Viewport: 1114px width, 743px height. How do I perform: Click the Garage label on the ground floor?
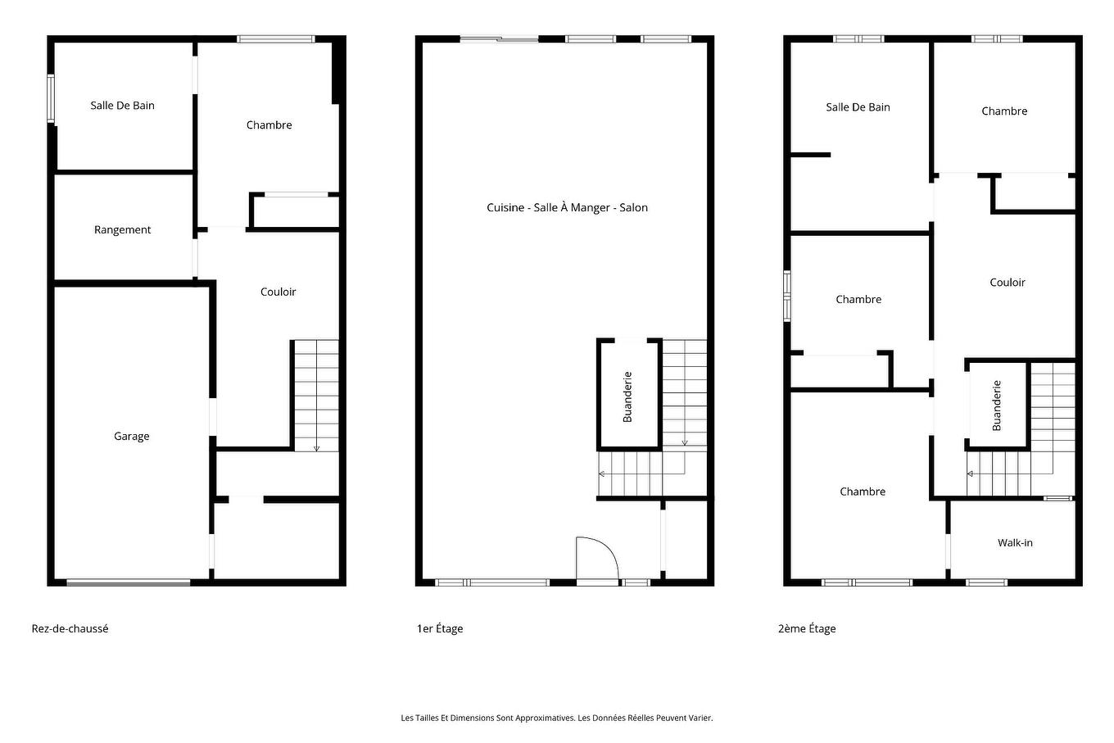click(131, 437)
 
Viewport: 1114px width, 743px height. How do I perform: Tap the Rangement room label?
click(122, 230)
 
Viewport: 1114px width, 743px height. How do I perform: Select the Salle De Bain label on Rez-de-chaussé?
click(122, 106)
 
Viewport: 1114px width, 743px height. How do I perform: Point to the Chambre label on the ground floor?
click(269, 125)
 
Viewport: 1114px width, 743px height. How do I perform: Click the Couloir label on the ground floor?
click(278, 292)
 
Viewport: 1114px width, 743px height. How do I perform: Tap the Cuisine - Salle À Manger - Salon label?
click(567, 208)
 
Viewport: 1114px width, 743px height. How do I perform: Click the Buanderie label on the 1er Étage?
click(628, 397)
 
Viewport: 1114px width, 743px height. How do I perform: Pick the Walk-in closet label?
click(1015, 543)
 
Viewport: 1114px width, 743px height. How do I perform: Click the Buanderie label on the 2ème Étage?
click(997, 405)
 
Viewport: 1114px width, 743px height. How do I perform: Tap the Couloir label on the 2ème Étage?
click(1007, 283)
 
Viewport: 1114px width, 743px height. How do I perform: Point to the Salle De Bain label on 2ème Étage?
click(858, 107)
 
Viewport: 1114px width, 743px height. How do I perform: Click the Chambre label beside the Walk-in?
click(862, 492)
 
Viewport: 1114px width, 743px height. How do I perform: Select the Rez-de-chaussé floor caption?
click(70, 629)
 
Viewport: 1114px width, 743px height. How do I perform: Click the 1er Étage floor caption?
click(440, 629)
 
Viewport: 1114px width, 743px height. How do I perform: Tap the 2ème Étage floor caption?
click(807, 629)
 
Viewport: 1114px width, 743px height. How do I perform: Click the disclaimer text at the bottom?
click(557, 718)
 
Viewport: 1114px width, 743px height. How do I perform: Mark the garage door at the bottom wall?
click(129, 582)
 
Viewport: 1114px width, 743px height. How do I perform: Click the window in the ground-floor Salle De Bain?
click(51, 98)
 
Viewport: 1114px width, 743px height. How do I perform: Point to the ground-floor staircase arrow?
click(317, 447)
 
